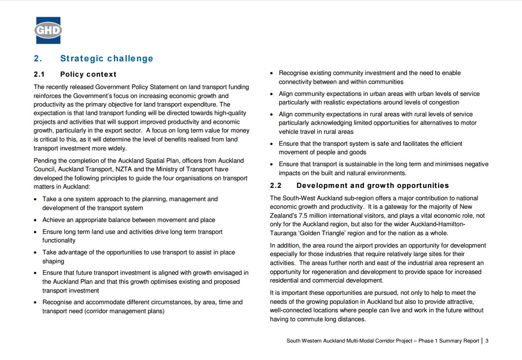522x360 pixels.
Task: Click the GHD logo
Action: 48,30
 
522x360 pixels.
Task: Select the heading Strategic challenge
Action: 106,59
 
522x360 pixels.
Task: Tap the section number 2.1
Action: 39,75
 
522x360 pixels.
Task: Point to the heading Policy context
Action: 88,75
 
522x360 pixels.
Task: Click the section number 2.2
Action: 276,186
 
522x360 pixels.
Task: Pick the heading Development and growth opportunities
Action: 373,186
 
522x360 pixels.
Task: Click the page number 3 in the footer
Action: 487,341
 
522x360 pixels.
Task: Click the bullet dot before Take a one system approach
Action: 36,199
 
